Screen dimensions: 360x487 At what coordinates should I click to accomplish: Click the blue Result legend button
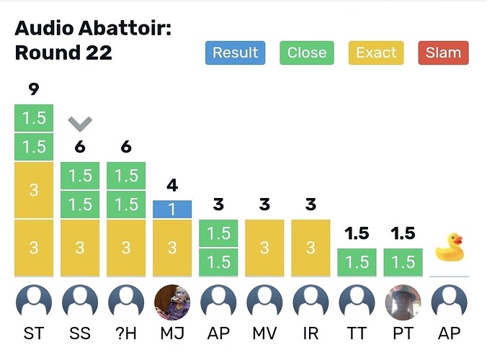[235, 53]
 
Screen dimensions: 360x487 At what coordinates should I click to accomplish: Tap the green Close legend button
[306, 53]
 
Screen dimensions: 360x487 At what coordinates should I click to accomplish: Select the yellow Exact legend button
[375, 53]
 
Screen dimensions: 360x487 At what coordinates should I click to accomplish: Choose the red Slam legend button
[443, 53]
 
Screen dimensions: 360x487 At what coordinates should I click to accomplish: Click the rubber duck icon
[449, 248]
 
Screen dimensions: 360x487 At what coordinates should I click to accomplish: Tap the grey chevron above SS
[80, 124]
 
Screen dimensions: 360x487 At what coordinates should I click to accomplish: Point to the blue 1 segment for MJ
[172, 209]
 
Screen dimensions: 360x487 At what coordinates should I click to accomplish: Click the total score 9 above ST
[34, 90]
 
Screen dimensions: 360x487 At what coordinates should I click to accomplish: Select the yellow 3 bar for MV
[264, 248]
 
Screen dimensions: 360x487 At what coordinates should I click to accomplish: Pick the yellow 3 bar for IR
[310, 248]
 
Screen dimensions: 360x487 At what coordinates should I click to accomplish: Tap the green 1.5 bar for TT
[357, 262]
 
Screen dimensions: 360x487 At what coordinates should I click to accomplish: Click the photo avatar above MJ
[172, 303]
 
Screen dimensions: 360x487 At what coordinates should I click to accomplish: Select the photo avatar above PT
[403, 303]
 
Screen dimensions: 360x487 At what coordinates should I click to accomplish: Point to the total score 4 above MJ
[172, 186]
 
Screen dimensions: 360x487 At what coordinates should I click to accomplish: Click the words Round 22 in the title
[63, 53]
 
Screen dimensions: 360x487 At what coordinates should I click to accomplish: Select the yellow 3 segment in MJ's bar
[172, 248]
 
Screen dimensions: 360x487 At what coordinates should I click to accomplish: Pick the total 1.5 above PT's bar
[403, 233]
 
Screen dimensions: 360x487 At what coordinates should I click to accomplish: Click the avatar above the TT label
[357, 303]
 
